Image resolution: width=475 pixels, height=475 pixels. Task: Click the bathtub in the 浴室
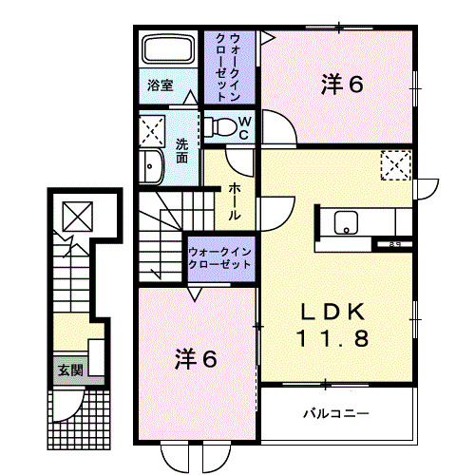coord(169,51)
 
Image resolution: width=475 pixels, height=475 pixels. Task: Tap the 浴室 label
coord(160,85)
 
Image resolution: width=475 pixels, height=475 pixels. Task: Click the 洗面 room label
coord(180,149)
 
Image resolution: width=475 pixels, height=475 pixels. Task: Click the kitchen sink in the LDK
coord(346,224)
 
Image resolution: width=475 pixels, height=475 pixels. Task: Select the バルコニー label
coord(336,413)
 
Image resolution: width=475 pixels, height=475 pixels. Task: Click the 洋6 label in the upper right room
coord(342,84)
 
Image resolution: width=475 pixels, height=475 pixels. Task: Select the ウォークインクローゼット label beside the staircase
coord(220,257)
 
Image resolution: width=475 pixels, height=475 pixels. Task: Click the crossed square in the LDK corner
coord(394,165)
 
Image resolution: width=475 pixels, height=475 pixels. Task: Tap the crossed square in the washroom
coord(152,130)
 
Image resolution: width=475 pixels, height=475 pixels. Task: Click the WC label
coord(243,127)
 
